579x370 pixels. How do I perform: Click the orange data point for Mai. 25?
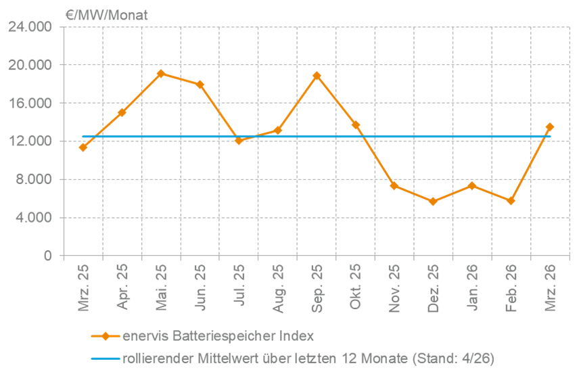161,74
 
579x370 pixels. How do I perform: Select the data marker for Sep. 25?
317,76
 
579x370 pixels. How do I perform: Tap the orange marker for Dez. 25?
433,202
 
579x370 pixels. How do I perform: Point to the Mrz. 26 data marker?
549,126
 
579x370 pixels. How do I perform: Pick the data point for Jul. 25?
239,140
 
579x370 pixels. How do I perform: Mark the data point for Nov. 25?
394,185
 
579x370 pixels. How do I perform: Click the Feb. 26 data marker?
511,201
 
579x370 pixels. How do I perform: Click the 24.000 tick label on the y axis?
30,27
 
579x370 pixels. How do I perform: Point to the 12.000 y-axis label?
30,141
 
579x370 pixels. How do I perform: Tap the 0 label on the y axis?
48,256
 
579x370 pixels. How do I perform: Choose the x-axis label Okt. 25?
355,288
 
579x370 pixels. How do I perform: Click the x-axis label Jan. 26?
472,288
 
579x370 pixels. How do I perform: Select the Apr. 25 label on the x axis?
122,288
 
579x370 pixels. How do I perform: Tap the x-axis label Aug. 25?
278,288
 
